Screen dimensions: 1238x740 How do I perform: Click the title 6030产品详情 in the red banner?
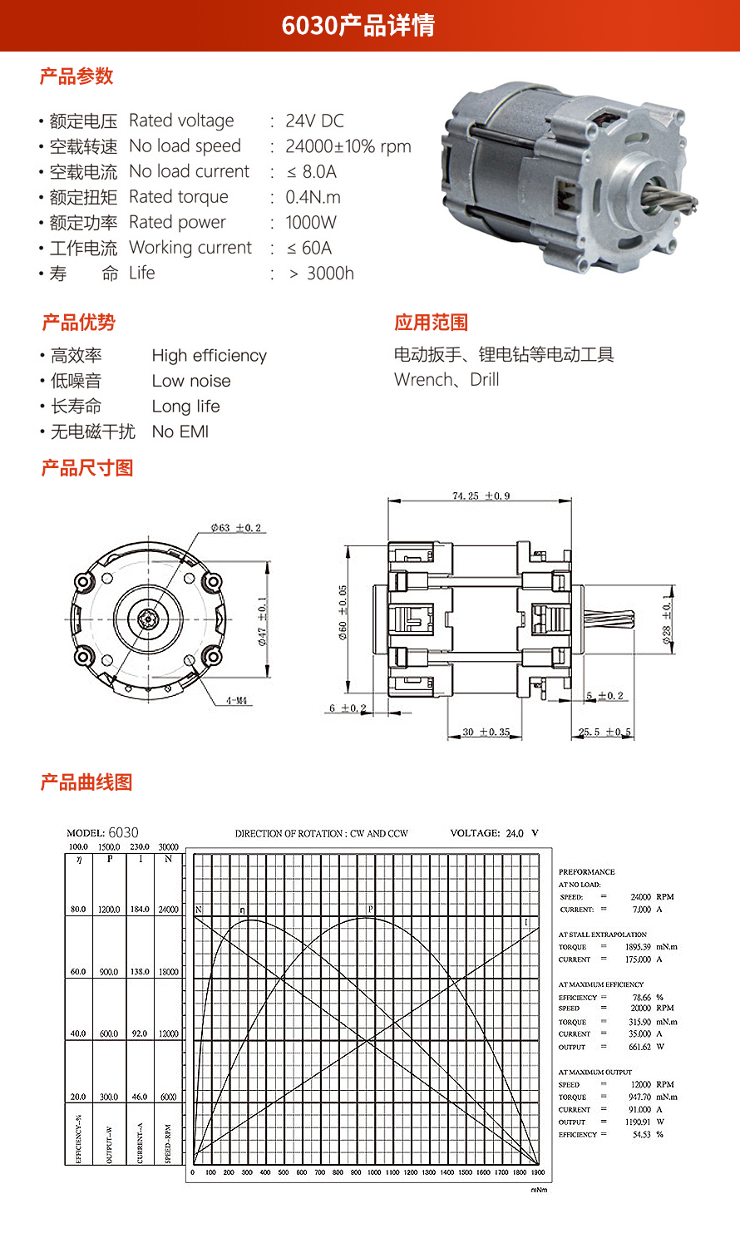coord(358,26)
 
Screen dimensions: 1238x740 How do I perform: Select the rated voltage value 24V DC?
coord(314,121)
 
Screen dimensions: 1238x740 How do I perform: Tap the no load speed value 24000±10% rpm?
coord(348,147)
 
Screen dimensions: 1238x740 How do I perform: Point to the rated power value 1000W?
coord(311,223)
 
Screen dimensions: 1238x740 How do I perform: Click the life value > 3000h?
coord(321,274)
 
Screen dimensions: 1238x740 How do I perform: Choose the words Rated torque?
coord(179,197)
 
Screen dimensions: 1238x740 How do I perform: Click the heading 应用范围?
coord(431,323)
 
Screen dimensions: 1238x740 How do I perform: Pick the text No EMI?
coord(180,432)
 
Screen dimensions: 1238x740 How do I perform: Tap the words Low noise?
coord(191,381)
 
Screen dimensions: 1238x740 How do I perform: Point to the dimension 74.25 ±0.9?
coord(481,496)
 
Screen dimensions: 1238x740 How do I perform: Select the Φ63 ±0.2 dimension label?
coord(235,528)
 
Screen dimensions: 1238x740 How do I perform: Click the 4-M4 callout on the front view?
coord(237,701)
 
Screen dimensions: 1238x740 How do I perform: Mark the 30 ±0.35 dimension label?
coord(486,732)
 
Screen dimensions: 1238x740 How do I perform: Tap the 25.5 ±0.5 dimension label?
coord(604,732)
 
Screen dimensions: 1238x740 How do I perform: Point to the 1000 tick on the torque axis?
coord(374,1172)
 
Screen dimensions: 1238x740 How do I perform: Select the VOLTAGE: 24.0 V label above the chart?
coord(494,833)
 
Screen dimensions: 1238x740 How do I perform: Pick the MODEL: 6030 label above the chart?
coord(102,833)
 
